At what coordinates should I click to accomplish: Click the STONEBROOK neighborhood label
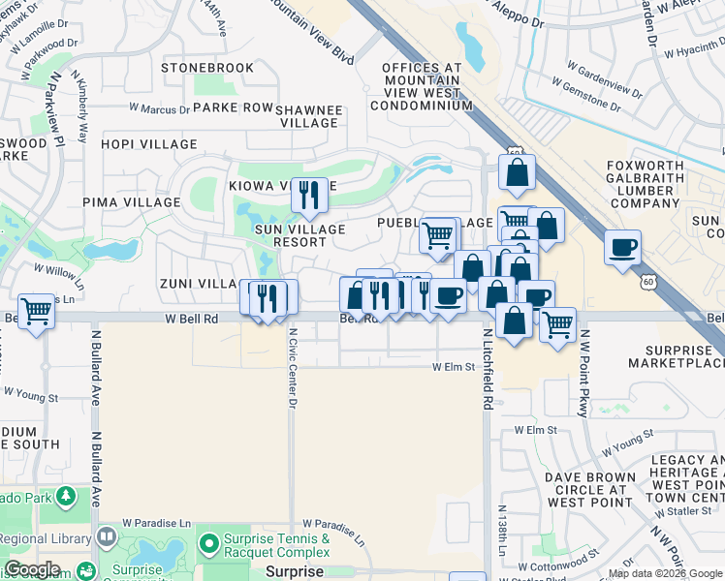pyautogui.click(x=207, y=68)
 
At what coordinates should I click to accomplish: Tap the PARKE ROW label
pyautogui.click(x=234, y=107)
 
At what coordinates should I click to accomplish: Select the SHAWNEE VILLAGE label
pyautogui.click(x=311, y=116)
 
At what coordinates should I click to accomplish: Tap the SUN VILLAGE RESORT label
pyautogui.click(x=299, y=235)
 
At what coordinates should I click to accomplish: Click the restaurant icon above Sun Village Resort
pyautogui.click(x=309, y=194)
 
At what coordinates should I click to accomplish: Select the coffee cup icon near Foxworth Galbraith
pyautogui.click(x=623, y=246)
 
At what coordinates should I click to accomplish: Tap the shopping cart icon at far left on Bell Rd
pyautogui.click(x=36, y=312)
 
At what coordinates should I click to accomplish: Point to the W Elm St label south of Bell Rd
pyautogui.click(x=453, y=367)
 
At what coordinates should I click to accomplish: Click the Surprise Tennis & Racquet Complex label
pyautogui.click(x=277, y=545)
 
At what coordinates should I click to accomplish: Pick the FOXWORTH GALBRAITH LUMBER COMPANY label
pyautogui.click(x=644, y=184)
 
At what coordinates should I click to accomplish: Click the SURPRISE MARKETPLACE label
pyautogui.click(x=676, y=355)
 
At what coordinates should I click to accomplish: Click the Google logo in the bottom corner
pyautogui.click(x=31, y=569)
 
